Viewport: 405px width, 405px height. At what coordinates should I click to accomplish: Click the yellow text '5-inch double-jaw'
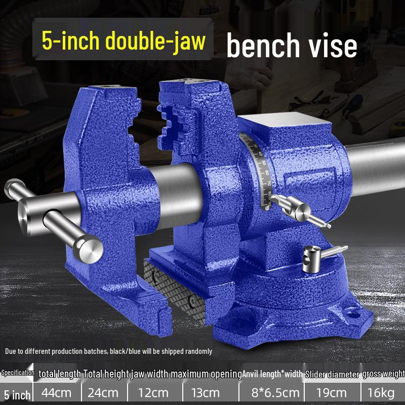click(x=124, y=41)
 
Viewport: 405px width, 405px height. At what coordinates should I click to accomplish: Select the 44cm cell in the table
click(x=56, y=393)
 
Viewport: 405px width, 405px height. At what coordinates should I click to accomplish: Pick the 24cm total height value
click(x=103, y=393)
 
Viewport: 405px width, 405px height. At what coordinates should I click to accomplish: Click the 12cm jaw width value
click(x=153, y=393)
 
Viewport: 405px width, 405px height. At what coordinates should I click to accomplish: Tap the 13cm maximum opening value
click(x=206, y=393)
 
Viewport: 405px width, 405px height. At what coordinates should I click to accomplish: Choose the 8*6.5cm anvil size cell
click(x=275, y=393)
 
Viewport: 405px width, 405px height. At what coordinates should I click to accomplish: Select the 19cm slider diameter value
click(x=332, y=393)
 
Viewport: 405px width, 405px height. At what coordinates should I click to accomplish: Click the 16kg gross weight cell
click(x=381, y=393)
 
